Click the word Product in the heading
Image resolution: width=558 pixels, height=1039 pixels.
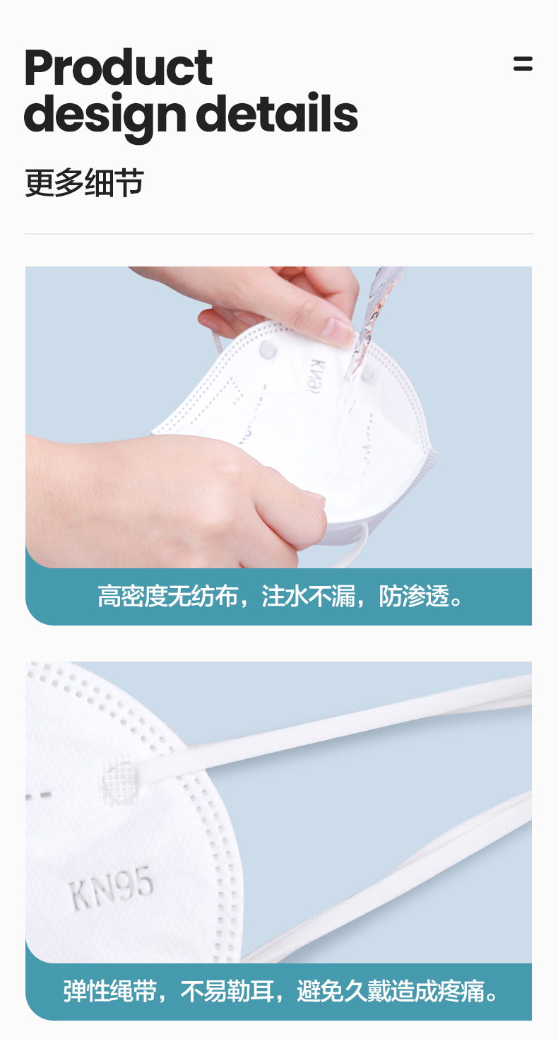118,68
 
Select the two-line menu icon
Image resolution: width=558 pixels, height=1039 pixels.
523,64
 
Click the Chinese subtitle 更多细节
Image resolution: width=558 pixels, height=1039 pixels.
84,183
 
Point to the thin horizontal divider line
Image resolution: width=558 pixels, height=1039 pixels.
278,233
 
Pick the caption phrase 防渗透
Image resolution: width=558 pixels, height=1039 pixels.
414,597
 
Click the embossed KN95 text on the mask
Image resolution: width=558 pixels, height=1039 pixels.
111,891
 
